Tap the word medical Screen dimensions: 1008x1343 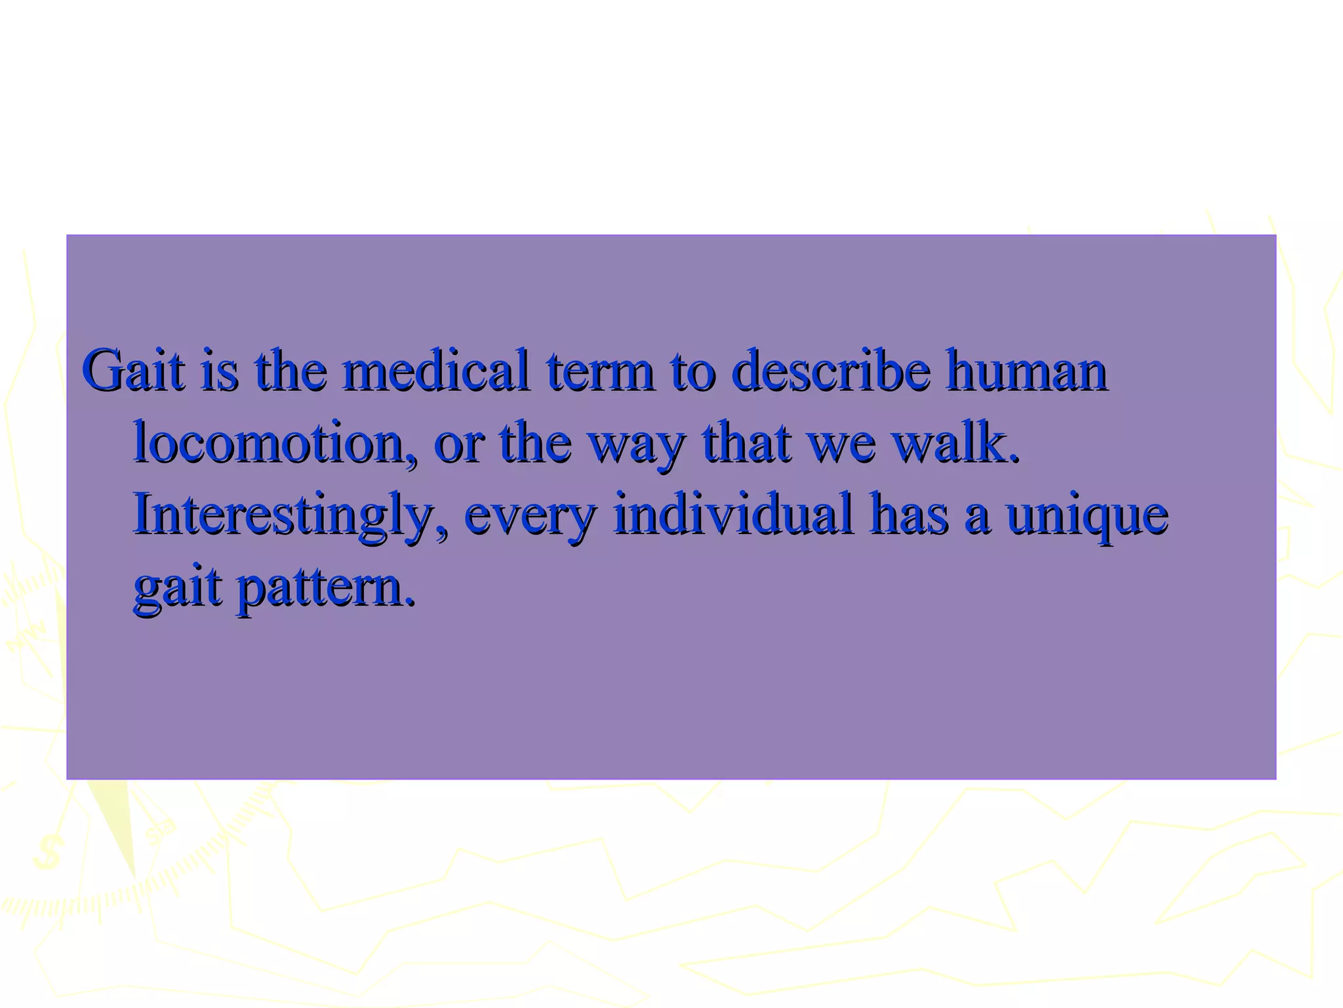pos(435,371)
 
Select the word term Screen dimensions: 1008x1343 pos(601,371)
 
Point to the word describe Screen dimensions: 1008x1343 pos(830,371)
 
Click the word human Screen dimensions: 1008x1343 pos(1026,371)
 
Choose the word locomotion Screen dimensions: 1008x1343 pos(275,443)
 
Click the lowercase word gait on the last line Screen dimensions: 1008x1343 pos(177,587)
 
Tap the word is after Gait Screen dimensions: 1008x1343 pos(219,371)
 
